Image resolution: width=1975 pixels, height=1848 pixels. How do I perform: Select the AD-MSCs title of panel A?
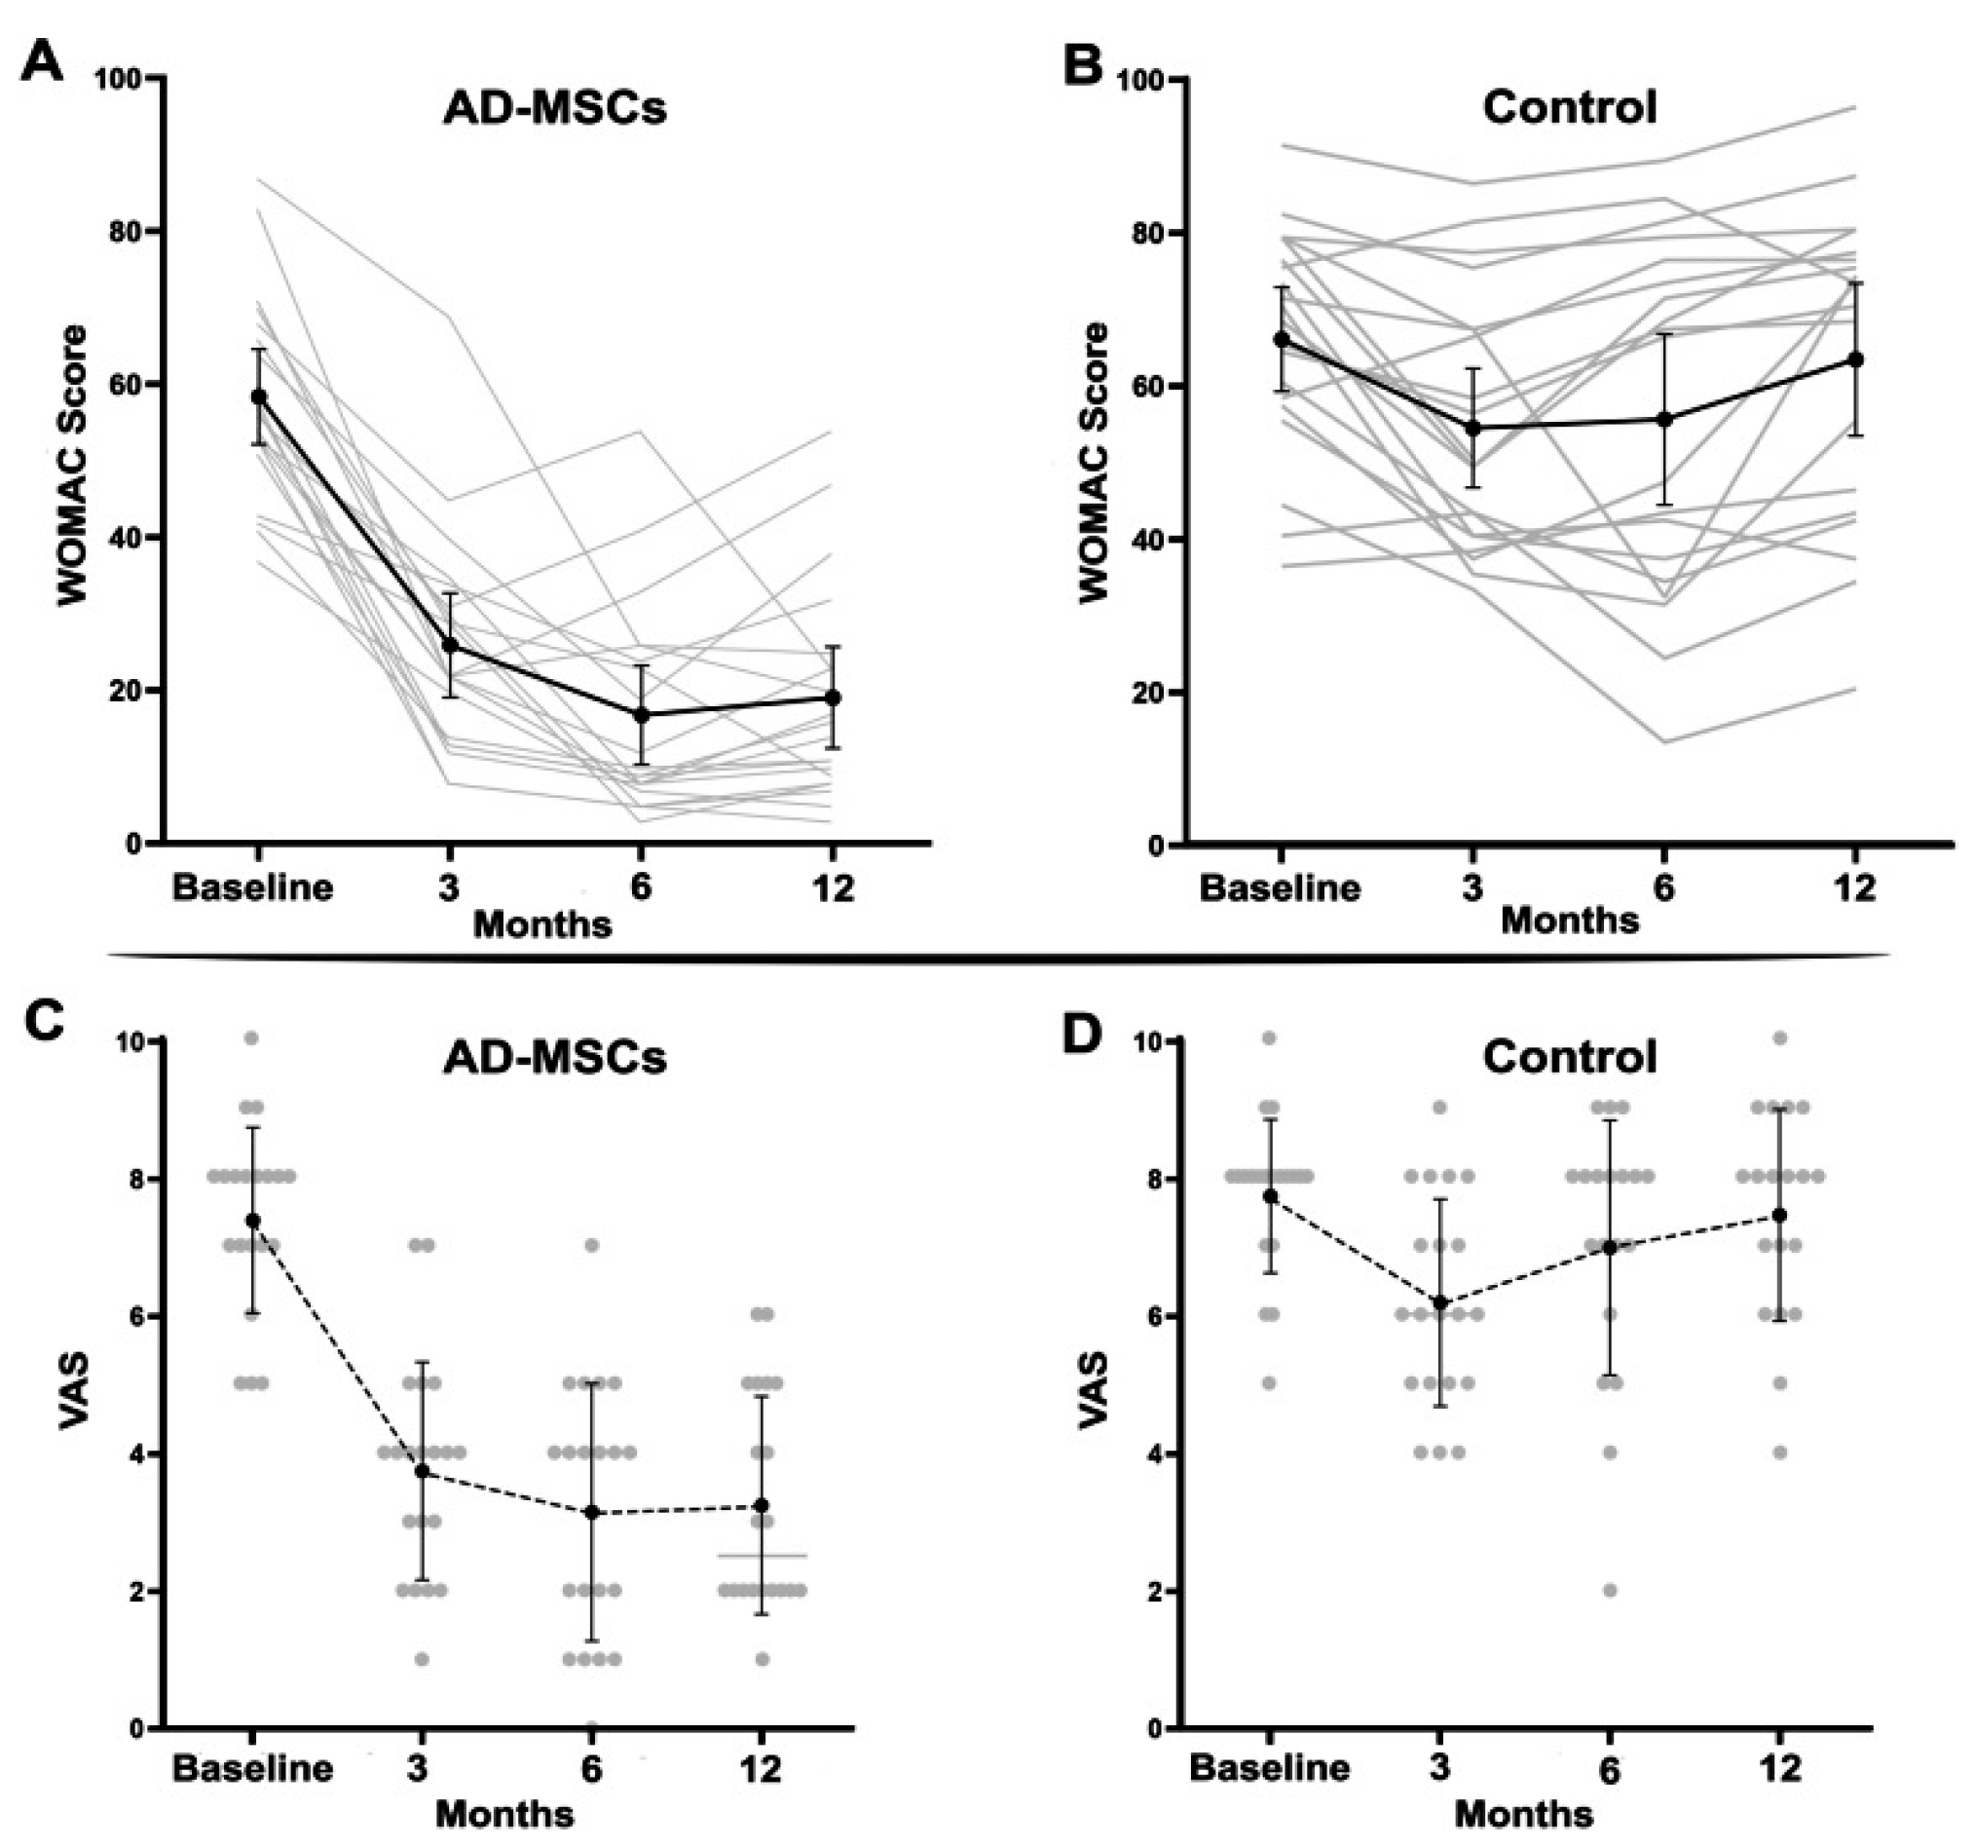554,107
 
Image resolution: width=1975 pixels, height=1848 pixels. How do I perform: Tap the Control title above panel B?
1570,107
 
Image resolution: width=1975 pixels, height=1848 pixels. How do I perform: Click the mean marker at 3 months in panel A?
450,645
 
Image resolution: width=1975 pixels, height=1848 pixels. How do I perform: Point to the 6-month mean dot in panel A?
642,714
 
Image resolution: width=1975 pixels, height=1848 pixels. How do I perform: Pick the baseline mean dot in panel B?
1282,339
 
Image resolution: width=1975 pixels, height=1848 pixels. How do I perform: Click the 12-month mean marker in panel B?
1855,358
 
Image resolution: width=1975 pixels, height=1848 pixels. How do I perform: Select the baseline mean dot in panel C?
252,1220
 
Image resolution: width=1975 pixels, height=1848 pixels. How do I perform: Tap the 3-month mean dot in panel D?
1440,1302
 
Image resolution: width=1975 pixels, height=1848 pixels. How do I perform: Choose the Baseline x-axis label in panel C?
252,1767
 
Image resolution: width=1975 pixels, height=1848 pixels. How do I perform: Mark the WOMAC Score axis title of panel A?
71,463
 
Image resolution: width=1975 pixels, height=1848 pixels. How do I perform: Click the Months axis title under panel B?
1570,920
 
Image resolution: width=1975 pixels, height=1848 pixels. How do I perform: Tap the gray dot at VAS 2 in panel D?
1610,1591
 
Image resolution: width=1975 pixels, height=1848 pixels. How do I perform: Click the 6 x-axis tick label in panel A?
642,886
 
